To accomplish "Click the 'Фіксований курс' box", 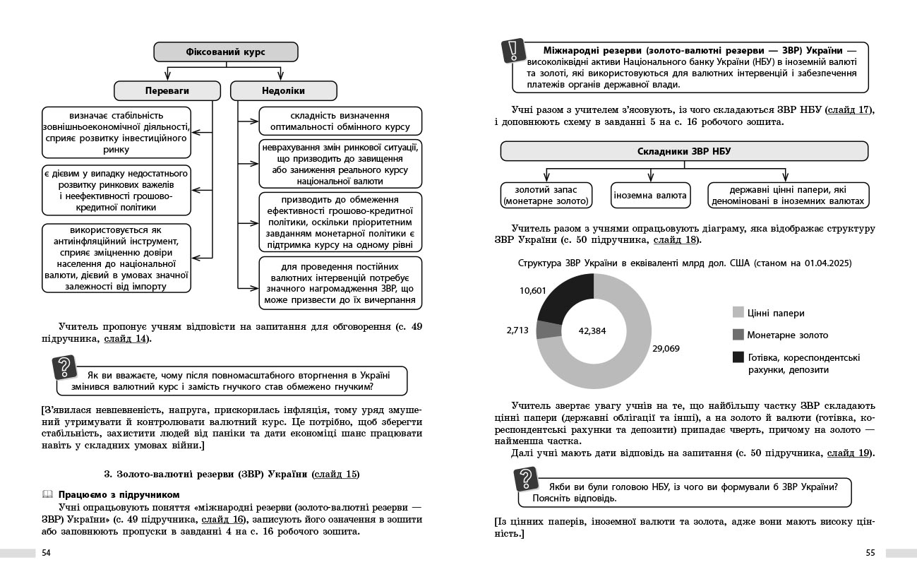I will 226,52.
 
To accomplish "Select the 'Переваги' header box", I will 167,90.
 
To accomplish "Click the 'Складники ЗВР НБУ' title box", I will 684,151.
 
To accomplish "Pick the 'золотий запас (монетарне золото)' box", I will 546,196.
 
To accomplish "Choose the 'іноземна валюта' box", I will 649,196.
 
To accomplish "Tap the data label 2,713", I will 517,330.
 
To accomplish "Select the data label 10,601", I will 533,290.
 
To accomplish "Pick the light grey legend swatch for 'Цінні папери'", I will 738,312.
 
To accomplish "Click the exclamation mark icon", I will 513,52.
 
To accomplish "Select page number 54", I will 47,553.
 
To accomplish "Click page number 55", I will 870,553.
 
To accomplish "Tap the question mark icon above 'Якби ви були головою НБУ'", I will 525,479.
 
